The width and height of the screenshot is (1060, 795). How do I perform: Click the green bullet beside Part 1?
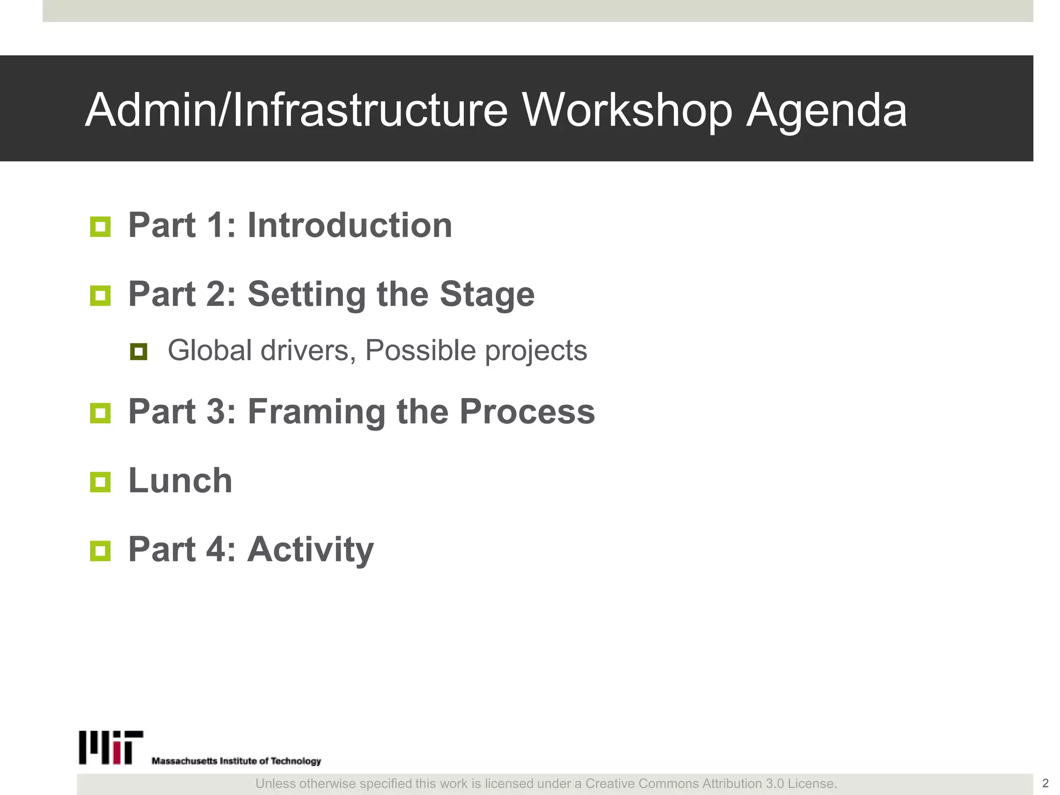tap(100, 227)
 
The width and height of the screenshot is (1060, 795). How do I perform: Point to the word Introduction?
tap(350, 226)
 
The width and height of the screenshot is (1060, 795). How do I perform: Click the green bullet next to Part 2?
tap(100, 296)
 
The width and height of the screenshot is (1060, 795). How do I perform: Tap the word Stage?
tap(487, 295)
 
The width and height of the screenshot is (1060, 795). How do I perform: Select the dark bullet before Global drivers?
tap(139, 352)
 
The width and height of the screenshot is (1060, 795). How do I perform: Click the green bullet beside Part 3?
tap(100, 413)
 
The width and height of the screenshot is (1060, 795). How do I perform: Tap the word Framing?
tap(316, 412)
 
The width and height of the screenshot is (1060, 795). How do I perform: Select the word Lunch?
tap(180, 481)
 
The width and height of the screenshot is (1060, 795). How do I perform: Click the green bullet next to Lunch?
tap(100, 482)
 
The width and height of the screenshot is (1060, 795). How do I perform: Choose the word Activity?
tap(311, 550)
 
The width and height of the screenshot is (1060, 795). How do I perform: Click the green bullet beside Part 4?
tap(100, 551)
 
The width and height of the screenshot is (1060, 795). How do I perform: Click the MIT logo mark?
tap(111, 747)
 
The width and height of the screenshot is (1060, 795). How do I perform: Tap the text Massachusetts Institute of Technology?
tap(236, 761)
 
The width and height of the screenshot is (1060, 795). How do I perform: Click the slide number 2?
tap(1045, 783)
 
